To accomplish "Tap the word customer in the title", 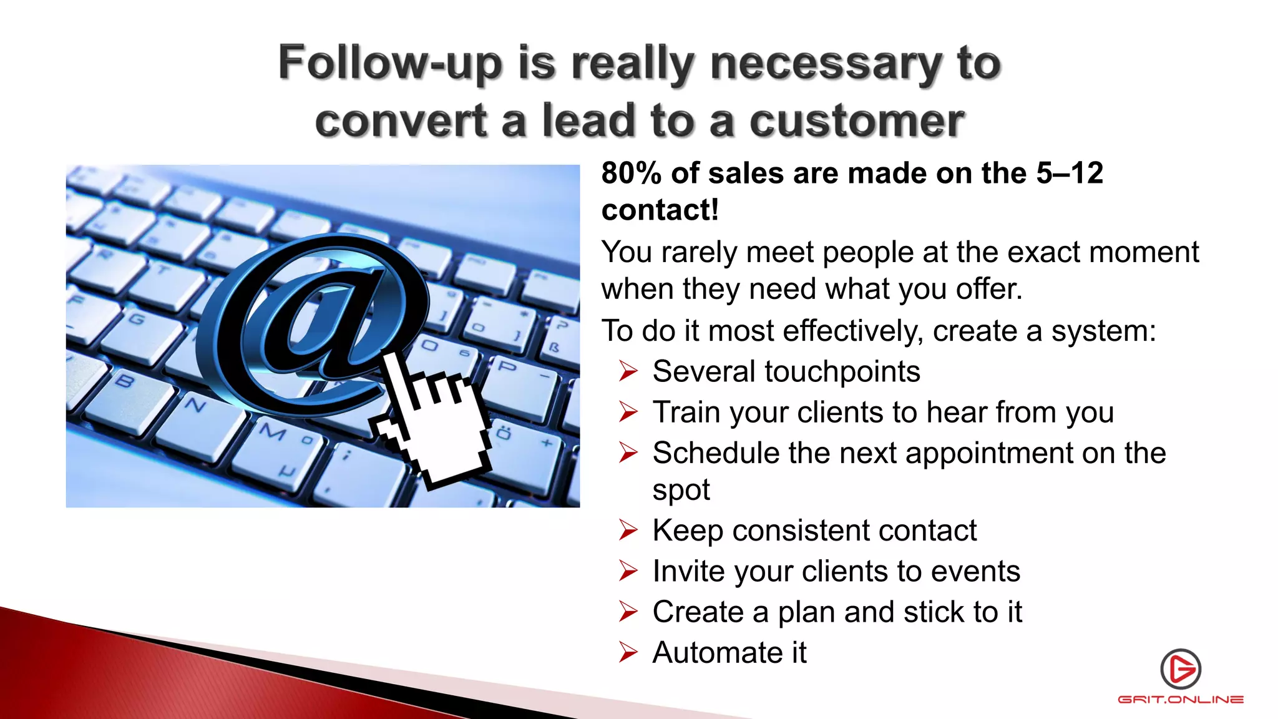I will (x=857, y=122).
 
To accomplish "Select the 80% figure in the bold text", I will (x=631, y=174).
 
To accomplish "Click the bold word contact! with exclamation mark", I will (x=660, y=210).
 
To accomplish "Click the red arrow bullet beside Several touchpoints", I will (x=628, y=372).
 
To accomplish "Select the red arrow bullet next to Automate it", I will (x=628, y=653).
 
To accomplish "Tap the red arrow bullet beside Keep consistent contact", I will (x=628, y=531).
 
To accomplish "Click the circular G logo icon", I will (x=1181, y=669).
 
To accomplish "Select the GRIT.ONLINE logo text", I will (x=1181, y=700).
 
